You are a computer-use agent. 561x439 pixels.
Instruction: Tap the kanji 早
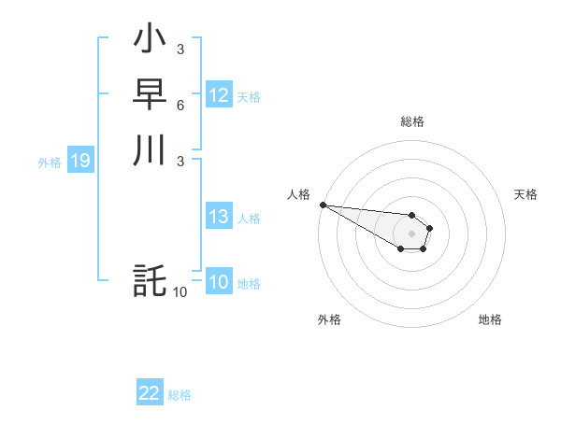pos(150,93)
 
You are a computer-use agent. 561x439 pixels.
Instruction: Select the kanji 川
pos(150,149)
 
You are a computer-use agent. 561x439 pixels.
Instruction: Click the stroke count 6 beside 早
pos(180,105)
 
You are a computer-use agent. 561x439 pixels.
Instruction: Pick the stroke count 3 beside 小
pos(180,50)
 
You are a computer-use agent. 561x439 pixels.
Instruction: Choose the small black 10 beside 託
pos(180,291)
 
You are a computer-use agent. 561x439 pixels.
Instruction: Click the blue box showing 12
pos(219,95)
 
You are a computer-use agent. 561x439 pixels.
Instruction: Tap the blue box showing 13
pos(219,217)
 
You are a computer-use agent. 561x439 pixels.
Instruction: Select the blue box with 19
pos(80,162)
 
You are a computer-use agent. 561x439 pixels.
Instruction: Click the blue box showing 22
pos(150,393)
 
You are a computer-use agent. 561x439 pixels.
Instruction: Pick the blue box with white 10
pos(219,282)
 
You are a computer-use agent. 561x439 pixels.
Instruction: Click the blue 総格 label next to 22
pos(180,395)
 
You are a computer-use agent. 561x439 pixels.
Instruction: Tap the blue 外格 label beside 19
pos(50,163)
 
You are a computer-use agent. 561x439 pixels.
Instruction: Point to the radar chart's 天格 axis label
pos(526,194)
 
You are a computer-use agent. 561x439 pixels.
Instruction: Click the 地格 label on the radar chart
pos(490,319)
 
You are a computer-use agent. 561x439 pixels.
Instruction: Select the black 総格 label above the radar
pos(411,121)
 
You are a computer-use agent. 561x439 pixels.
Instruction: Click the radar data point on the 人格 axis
pos(323,205)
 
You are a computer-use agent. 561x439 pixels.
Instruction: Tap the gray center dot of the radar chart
pos(411,234)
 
